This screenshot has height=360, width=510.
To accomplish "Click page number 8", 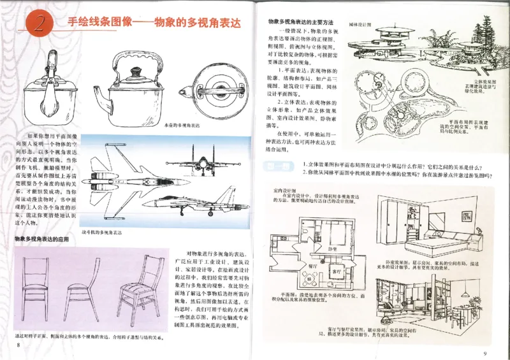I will click(x=20, y=345).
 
